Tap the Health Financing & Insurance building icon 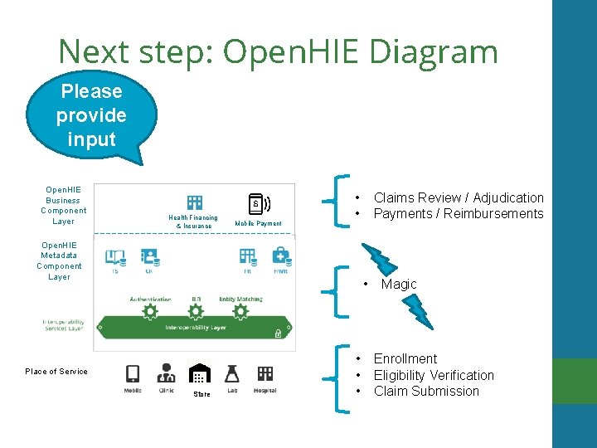195,202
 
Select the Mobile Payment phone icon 258,203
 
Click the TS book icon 115,256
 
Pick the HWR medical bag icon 281,256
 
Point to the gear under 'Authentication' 150,311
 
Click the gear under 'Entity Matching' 240,311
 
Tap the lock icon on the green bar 279,334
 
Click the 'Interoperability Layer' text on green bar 196,328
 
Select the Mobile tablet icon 133,373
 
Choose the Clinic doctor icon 167,373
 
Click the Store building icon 200,374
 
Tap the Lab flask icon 232,373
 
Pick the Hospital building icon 265,373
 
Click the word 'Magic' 399,284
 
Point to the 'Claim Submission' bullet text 426,391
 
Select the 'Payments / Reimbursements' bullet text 459,213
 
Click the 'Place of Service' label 56,372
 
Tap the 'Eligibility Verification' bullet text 434,375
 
